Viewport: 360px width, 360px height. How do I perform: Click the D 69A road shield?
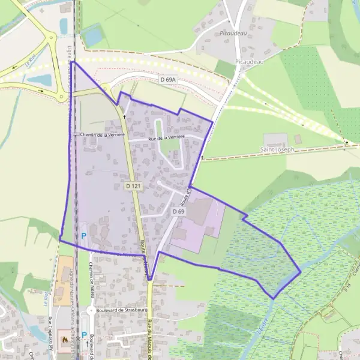click(x=168, y=79)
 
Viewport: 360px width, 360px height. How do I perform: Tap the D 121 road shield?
click(x=133, y=187)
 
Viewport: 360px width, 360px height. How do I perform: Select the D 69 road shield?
click(x=178, y=212)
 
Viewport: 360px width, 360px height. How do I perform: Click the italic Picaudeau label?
click(x=234, y=34)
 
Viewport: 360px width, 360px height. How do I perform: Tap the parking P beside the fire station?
click(x=83, y=336)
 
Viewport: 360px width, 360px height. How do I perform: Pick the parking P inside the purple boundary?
click(x=83, y=236)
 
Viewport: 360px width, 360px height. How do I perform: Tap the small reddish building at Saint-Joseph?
click(x=299, y=139)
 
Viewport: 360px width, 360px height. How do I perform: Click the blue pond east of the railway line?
click(x=93, y=36)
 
